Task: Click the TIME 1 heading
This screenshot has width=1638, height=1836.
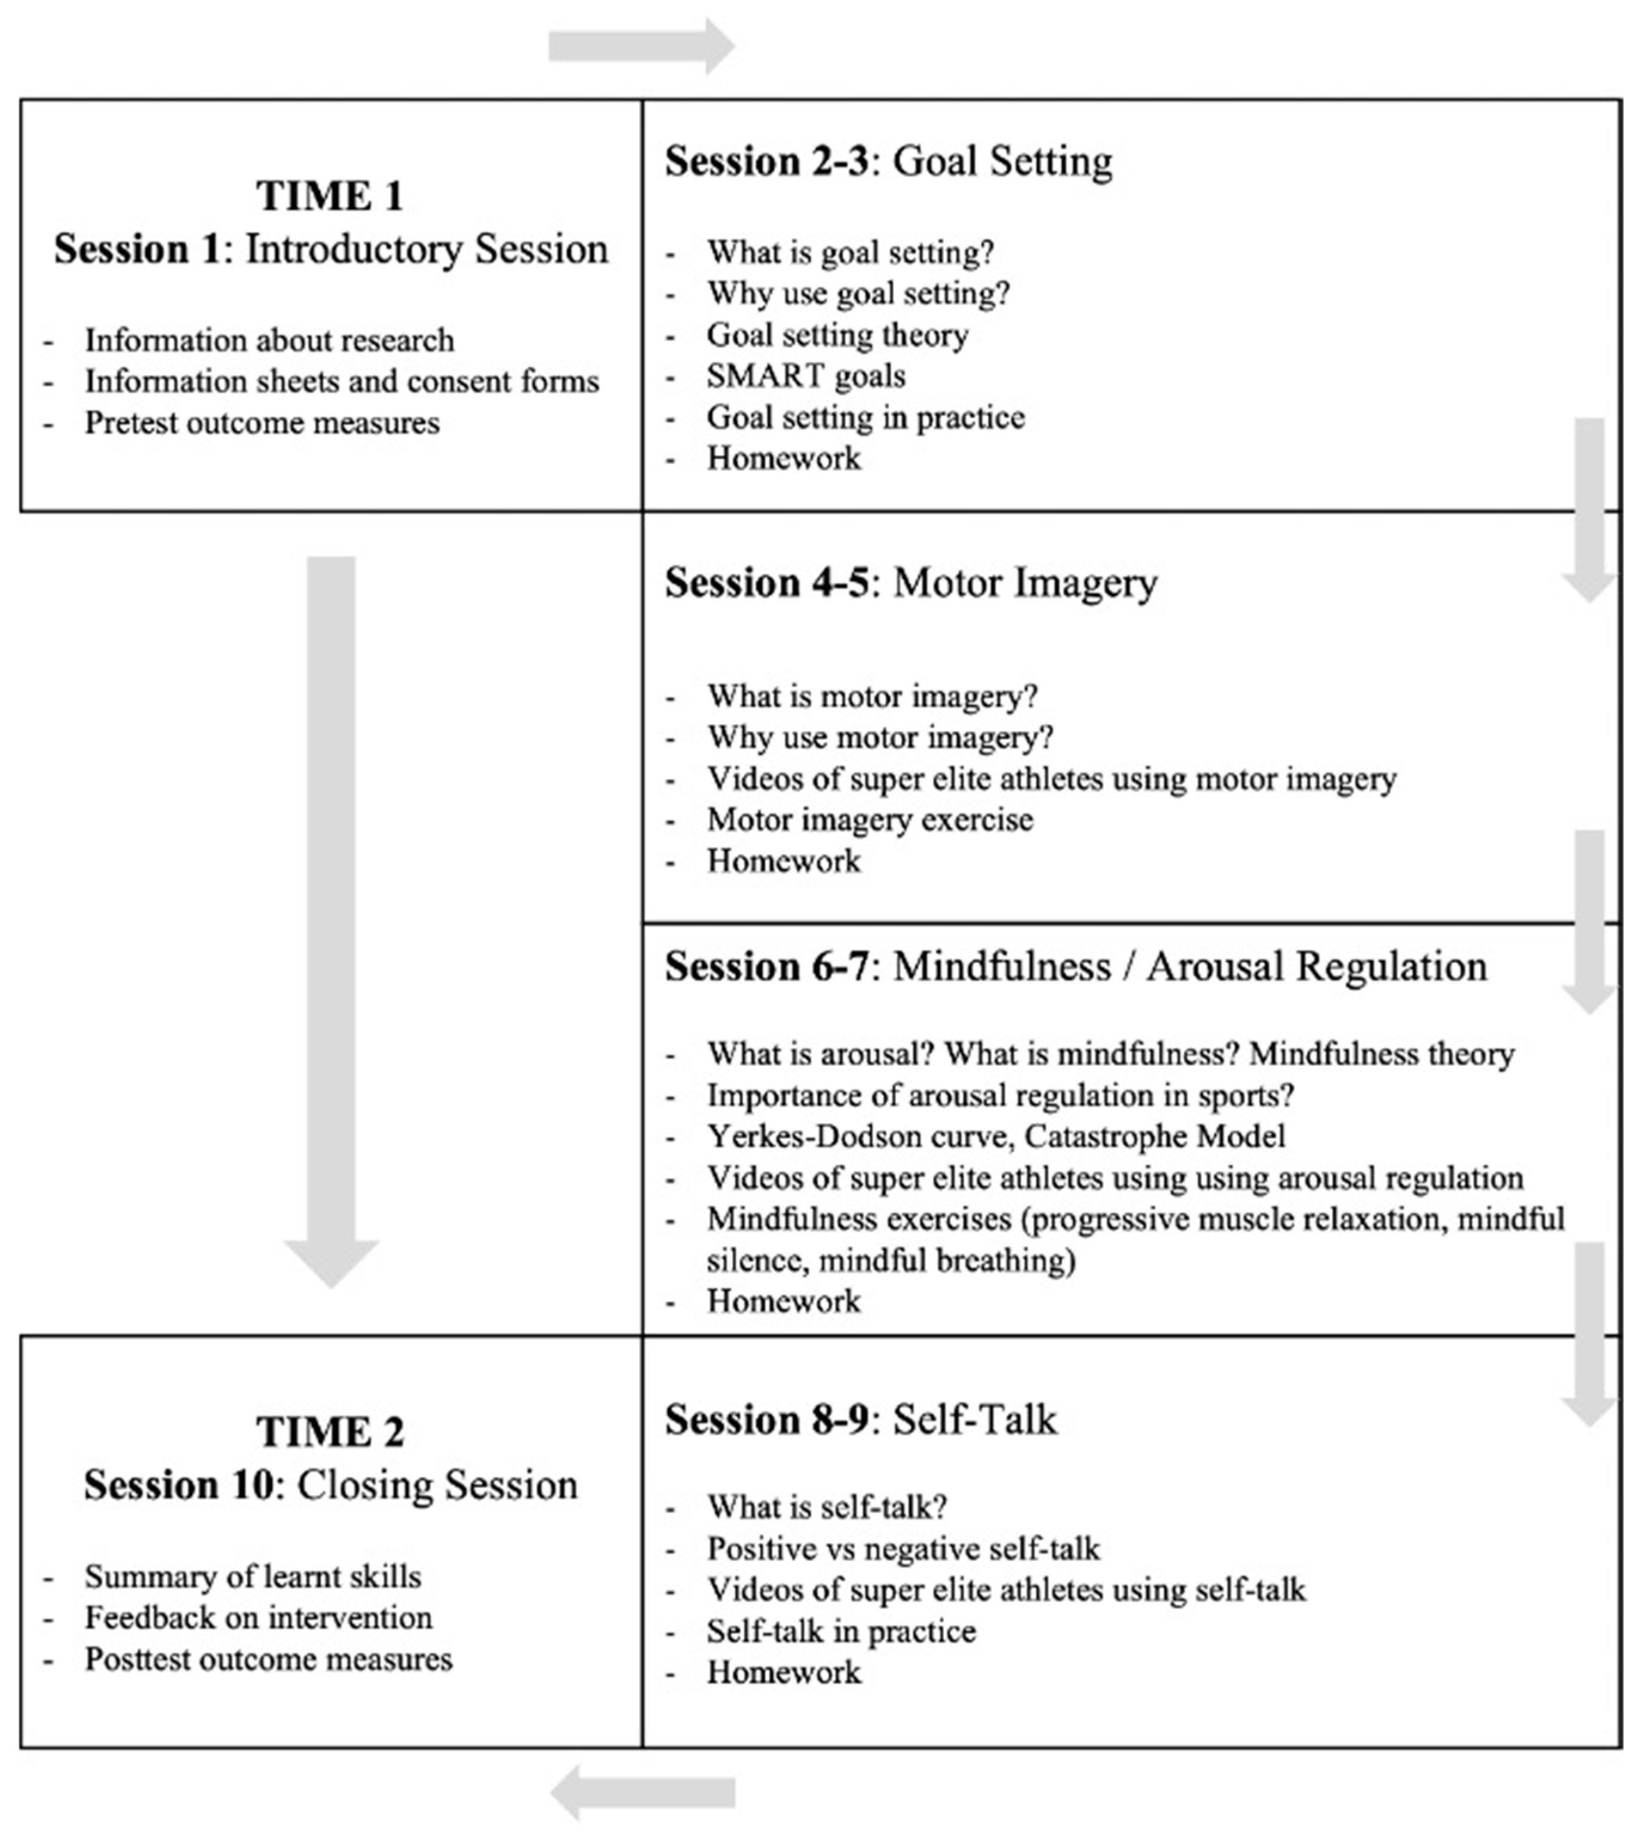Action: [x=330, y=196]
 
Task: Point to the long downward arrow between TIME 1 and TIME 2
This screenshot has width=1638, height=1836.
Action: [x=331, y=918]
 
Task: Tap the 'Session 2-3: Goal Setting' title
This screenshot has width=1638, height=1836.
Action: [x=888, y=162]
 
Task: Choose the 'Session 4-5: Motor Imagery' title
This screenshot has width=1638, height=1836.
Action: [x=911, y=583]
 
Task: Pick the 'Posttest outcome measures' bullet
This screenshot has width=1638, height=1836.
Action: [x=268, y=1659]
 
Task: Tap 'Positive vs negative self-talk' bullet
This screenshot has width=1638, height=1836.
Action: [x=903, y=1549]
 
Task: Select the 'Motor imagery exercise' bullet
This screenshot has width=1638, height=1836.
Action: [x=869, y=820]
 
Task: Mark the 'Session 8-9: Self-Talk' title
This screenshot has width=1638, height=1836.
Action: [x=860, y=1420]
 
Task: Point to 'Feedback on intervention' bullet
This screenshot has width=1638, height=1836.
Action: [x=258, y=1617]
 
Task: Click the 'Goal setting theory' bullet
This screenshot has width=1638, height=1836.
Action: [x=837, y=335]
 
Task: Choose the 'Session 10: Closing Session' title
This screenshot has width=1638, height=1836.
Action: [x=330, y=1485]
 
